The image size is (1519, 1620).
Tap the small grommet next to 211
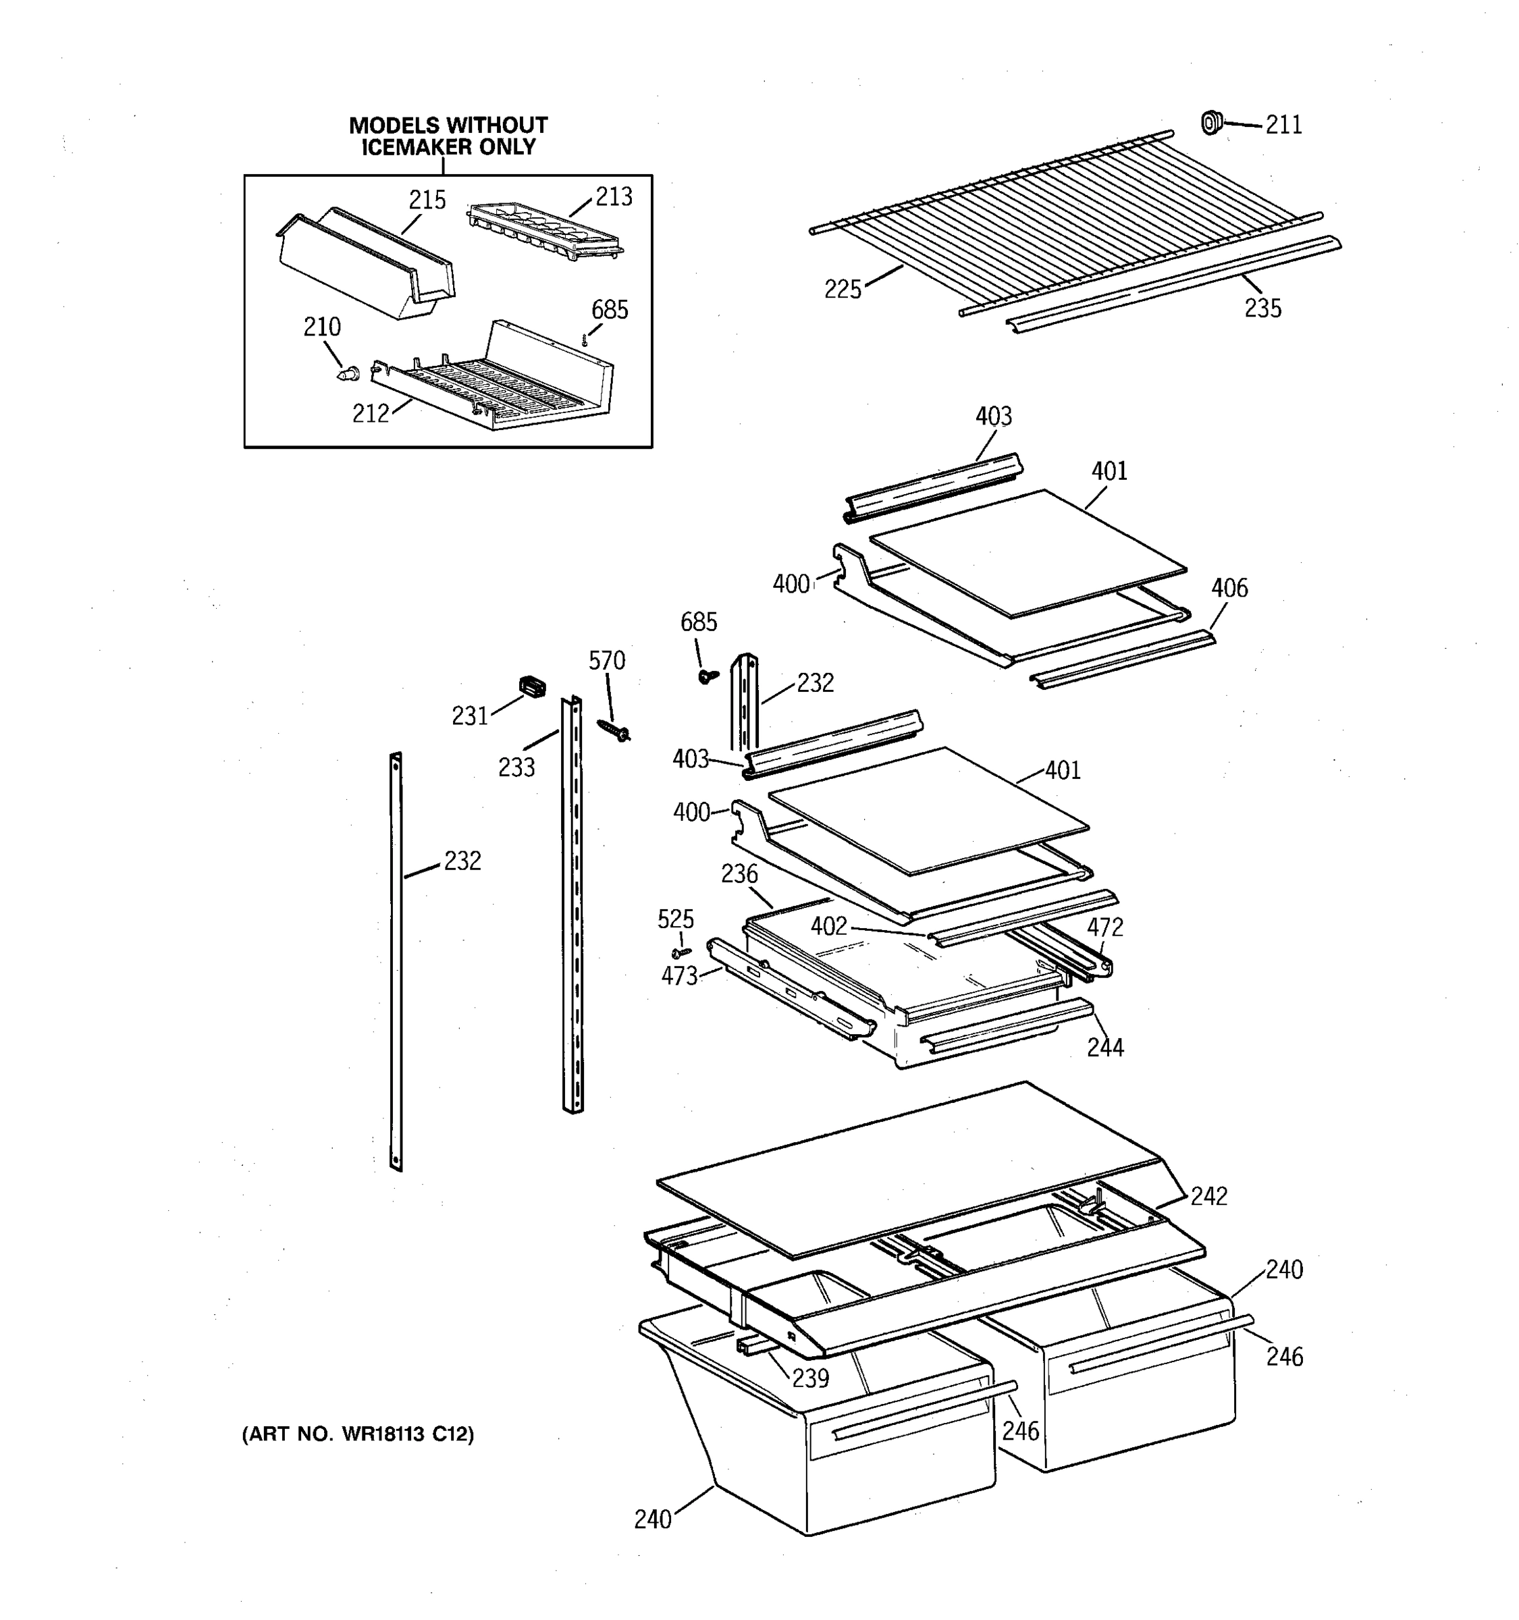[1212, 123]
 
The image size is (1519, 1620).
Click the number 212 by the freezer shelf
[370, 413]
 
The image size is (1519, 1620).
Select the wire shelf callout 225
[843, 290]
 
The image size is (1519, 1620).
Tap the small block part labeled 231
[532, 687]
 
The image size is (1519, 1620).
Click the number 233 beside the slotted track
[516, 767]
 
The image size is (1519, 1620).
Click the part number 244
[1105, 1047]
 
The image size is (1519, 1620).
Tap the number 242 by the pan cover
[1208, 1195]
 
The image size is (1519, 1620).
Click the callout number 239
[810, 1377]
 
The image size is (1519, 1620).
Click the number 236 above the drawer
[739, 874]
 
